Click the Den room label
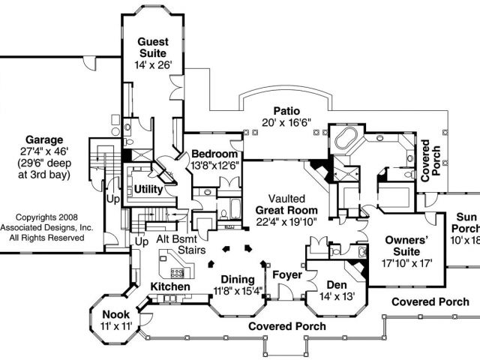coord(335,285)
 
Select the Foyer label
coord(286,274)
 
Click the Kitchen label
coord(170,287)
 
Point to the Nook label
coord(116,313)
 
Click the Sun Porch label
coord(466,223)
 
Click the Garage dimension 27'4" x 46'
coord(44,151)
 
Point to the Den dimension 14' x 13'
coord(335,297)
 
